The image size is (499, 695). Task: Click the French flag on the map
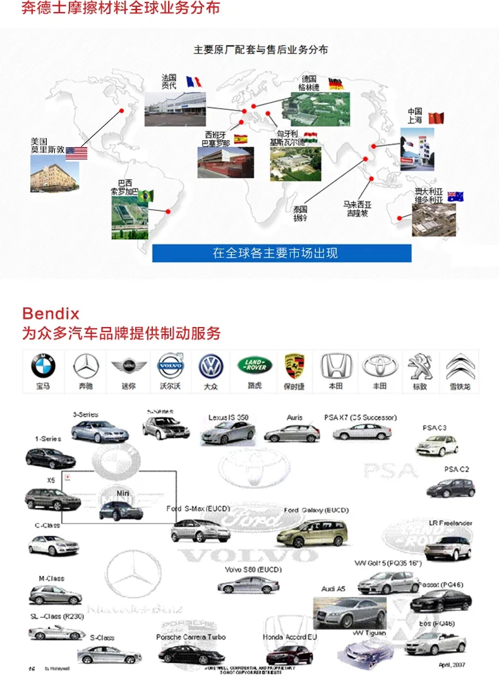pyautogui.click(x=193, y=82)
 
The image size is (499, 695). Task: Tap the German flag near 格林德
pyautogui.click(x=336, y=84)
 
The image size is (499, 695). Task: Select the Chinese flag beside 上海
pyautogui.click(x=436, y=118)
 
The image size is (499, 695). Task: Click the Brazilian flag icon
pyautogui.click(x=146, y=196)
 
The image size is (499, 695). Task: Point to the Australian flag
pyautogui.click(x=455, y=196)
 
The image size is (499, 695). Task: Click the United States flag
pyautogui.click(x=76, y=153)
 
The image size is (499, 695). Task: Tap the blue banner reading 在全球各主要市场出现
pyautogui.click(x=282, y=253)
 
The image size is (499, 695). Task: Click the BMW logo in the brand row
pyautogui.click(x=44, y=365)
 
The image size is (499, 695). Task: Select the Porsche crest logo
pyautogui.click(x=294, y=365)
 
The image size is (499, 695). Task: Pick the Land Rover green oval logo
pyautogui.click(x=255, y=365)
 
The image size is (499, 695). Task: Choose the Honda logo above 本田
pyautogui.click(x=335, y=365)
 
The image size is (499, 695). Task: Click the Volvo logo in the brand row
pyautogui.click(x=170, y=365)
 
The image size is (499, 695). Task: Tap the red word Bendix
pyautogui.click(x=51, y=313)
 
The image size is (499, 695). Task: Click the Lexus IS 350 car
pyautogui.click(x=228, y=433)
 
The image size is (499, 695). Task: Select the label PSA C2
pyautogui.click(x=457, y=470)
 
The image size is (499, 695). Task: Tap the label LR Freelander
pyautogui.click(x=450, y=523)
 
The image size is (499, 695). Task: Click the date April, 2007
pyautogui.click(x=452, y=665)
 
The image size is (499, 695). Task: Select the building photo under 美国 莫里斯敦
pyautogui.click(x=54, y=177)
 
